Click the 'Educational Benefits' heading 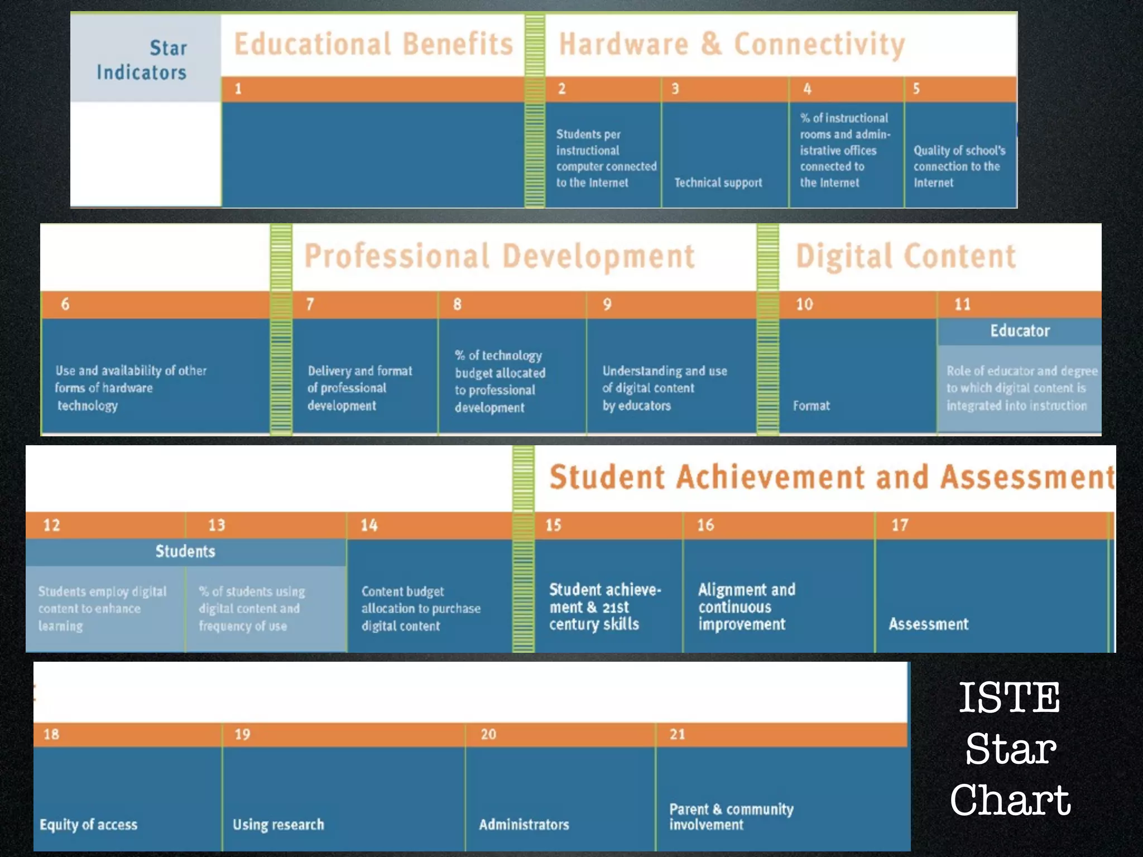click(x=373, y=44)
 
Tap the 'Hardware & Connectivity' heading click(x=732, y=44)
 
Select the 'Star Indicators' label click(x=142, y=60)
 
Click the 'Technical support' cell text click(x=718, y=182)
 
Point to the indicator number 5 click(x=916, y=89)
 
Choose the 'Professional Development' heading click(x=500, y=257)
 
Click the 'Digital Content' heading click(x=905, y=257)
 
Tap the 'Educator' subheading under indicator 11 click(x=1020, y=331)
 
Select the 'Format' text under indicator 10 click(x=811, y=406)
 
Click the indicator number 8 click(x=457, y=304)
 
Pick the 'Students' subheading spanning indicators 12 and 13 click(x=185, y=551)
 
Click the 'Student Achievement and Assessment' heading click(x=832, y=477)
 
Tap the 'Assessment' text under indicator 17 click(x=928, y=624)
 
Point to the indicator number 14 click(x=369, y=525)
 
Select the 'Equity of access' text click(x=88, y=825)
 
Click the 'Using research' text click(x=278, y=825)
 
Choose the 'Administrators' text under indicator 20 click(x=524, y=825)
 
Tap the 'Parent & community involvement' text click(x=731, y=817)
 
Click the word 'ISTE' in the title click(x=1009, y=697)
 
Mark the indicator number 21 click(x=677, y=734)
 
